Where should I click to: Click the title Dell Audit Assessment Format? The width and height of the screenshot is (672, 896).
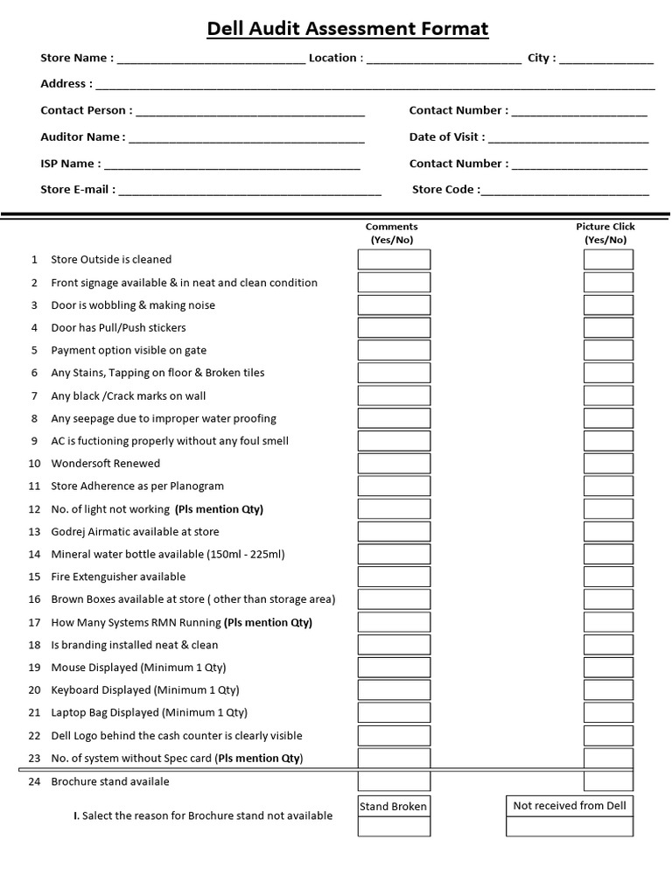pos(347,29)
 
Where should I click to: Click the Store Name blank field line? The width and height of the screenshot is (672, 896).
pos(211,59)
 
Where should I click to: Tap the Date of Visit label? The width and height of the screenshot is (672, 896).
pos(446,136)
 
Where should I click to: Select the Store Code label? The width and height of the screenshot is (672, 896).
pos(445,189)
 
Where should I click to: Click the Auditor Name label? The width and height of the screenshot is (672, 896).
pos(82,136)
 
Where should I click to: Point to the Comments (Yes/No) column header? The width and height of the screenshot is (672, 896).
pos(391,233)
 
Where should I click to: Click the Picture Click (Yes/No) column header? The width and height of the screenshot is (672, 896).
pos(605,233)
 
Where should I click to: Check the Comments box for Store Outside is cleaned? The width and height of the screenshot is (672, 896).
pos(394,260)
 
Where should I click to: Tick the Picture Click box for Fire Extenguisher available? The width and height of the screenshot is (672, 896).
pos(608,577)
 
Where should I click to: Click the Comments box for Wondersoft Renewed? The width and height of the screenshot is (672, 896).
pos(394,464)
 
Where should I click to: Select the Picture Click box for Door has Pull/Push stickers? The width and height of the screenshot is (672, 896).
pos(608,328)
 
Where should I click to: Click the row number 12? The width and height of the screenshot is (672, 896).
pos(35,509)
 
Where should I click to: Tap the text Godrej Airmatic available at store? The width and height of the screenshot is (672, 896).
pos(135,532)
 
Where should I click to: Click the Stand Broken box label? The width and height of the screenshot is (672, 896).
pos(394,807)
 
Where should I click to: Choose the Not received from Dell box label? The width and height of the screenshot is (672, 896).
pos(570,806)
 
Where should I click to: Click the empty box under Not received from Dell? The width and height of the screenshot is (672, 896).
pos(570,827)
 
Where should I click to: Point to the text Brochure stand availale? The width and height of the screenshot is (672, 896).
pos(110,781)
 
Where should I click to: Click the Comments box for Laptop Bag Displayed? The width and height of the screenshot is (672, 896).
pos(394,713)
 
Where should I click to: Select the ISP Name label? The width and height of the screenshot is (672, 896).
pos(70,164)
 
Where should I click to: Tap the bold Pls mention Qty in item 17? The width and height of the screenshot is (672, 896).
pos(268,623)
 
